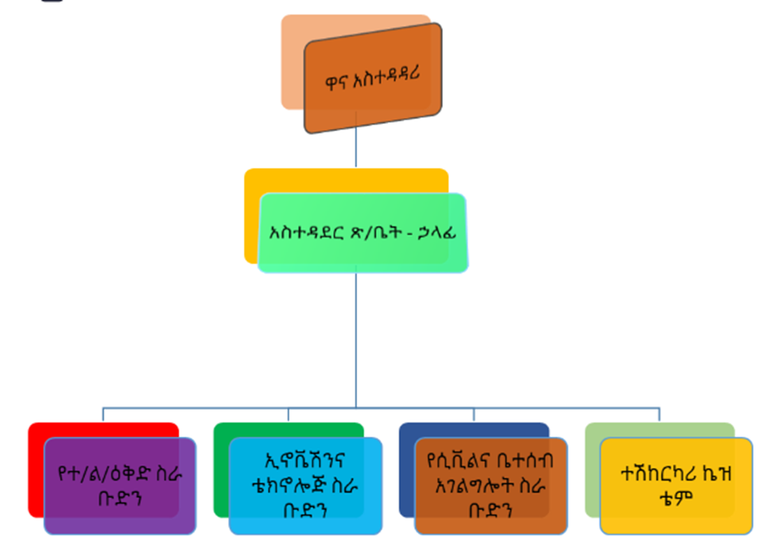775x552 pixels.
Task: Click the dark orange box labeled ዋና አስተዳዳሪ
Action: point(373,78)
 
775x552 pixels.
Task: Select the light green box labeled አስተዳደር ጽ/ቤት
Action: point(362,232)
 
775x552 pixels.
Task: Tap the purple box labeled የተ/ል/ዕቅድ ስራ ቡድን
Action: point(120,486)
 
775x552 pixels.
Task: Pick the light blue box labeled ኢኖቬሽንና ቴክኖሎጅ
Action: point(305,486)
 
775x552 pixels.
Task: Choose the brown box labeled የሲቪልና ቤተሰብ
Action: point(490,486)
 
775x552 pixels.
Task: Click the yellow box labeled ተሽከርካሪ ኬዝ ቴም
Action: point(676,486)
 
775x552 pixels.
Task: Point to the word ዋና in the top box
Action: point(336,82)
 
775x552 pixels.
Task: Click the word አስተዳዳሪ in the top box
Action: point(386,76)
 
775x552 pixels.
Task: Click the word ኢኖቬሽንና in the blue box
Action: point(305,461)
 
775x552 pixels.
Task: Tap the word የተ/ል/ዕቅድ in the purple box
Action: point(105,474)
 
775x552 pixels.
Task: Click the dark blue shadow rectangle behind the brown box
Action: point(406,470)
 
